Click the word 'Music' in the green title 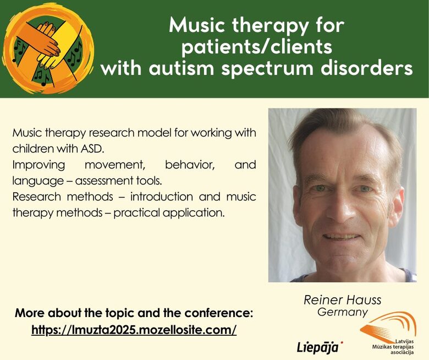click(x=197, y=25)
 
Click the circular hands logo click(x=48, y=48)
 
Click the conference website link click(x=134, y=330)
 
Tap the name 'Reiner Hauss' click(x=342, y=300)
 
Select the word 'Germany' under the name click(x=343, y=312)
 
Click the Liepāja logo click(x=320, y=347)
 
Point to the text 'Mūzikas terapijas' click(x=393, y=347)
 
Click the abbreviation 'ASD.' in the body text click(x=93, y=149)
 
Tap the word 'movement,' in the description click(x=114, y=165)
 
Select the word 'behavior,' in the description click(x=190, y=165)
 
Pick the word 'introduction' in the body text click(x=161, y=197)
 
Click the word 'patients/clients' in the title click(x=257, y=47)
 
